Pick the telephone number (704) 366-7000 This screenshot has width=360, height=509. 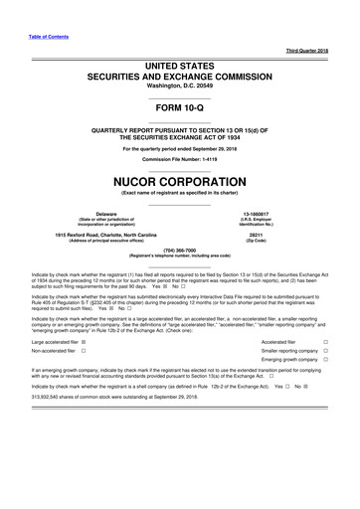click(180, 250)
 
